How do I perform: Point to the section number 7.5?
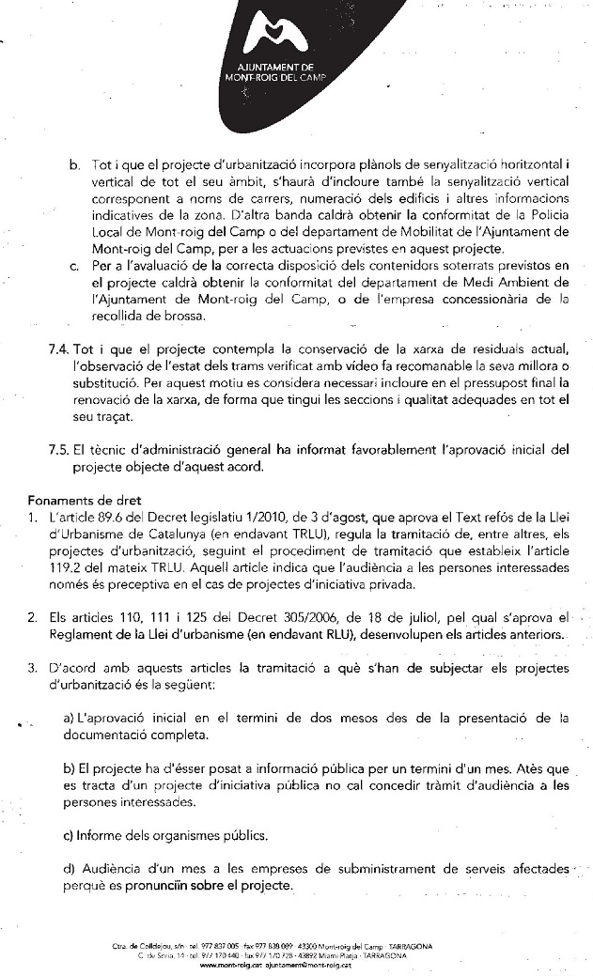tap(59, 449)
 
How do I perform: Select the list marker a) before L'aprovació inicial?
tap(69, 718)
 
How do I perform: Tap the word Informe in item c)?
tap(105, 834)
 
